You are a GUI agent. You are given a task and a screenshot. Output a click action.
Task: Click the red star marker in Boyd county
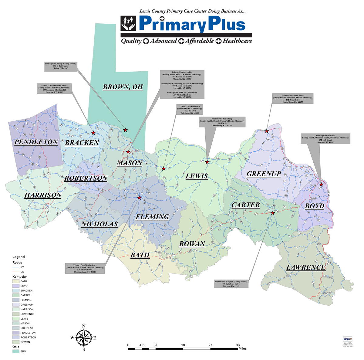click(321, 185)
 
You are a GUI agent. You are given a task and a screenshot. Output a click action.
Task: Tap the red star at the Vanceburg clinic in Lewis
click(207, 162)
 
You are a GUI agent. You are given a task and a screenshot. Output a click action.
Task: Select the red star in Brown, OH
click(125, 130)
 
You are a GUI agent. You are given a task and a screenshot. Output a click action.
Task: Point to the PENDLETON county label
click(36, 142)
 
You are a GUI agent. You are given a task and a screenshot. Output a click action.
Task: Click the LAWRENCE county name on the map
click(306, 267)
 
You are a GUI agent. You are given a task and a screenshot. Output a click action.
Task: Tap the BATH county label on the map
click(140, 255)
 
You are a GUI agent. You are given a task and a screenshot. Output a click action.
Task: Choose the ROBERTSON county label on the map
click(86, 178)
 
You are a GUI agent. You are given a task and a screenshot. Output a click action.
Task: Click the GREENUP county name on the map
click(264, 174)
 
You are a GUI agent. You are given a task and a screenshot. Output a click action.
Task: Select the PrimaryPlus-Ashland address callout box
click(325, 139)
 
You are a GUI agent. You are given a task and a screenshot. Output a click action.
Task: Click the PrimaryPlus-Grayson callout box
click(231, 284)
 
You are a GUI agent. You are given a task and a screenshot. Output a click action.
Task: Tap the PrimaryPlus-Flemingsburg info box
click(85, 269)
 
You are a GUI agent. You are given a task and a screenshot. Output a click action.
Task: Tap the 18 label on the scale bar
click(183, 345)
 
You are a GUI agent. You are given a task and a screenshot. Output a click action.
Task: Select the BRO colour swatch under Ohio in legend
click(15, 351)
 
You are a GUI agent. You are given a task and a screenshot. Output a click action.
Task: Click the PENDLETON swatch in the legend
click(15, 333)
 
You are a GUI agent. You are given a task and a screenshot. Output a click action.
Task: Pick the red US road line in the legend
click(15, 272)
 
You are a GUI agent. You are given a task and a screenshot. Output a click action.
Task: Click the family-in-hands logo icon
click(128, 23)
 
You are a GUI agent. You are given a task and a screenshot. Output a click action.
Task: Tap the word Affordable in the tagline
click(200, 41)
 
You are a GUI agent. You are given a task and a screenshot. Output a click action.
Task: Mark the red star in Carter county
click(272, 213)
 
